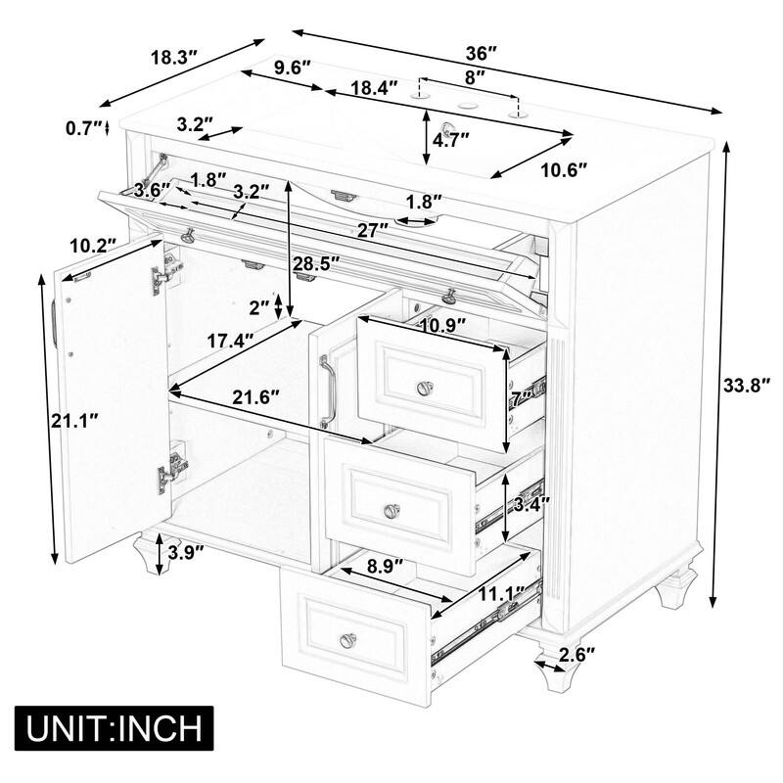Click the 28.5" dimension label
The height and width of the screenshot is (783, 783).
(315, 262)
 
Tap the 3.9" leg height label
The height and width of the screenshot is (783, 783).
(184, 551)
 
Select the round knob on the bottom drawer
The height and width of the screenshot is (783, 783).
(348, 641)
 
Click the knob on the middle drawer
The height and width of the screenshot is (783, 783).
(391, 510)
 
